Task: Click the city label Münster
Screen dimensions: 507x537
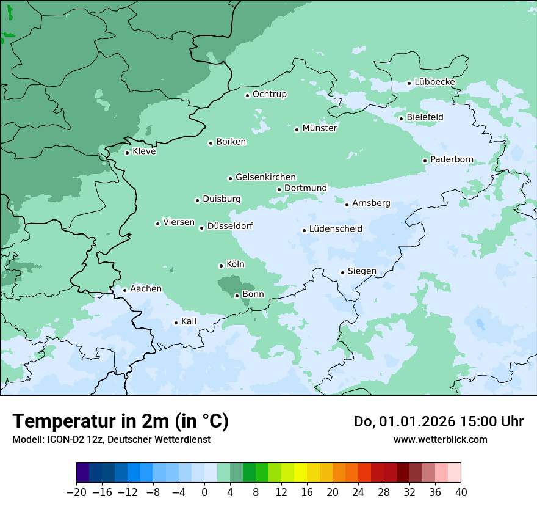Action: pos(319,128)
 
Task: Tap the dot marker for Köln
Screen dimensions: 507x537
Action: pos(221,266)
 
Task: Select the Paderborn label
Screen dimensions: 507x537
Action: pos(452,160)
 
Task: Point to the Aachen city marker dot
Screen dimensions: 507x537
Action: pos(124,290)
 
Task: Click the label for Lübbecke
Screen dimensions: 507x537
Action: pos(434,82)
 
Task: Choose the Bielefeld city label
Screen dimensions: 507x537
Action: pos(425,117)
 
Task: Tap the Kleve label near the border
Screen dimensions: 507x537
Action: pos(144,151)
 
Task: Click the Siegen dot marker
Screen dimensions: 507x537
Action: pos(343,272)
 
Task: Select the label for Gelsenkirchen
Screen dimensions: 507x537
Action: pos(265,177)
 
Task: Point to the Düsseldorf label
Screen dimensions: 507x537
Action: pos(229,227)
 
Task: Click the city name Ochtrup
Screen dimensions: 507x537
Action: pos(269,94)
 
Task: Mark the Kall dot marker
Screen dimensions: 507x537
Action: pos(176,323)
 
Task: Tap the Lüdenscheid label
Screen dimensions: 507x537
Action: pos(336,229)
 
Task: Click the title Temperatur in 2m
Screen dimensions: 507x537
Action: pos(120,421)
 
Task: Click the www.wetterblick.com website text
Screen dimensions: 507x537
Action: pos(440,439)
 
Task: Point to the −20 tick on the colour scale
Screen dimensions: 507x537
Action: pos(77,492)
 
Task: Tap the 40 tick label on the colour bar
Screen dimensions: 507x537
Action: pos(461,492)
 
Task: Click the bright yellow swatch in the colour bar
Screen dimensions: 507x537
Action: pos(300,473)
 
